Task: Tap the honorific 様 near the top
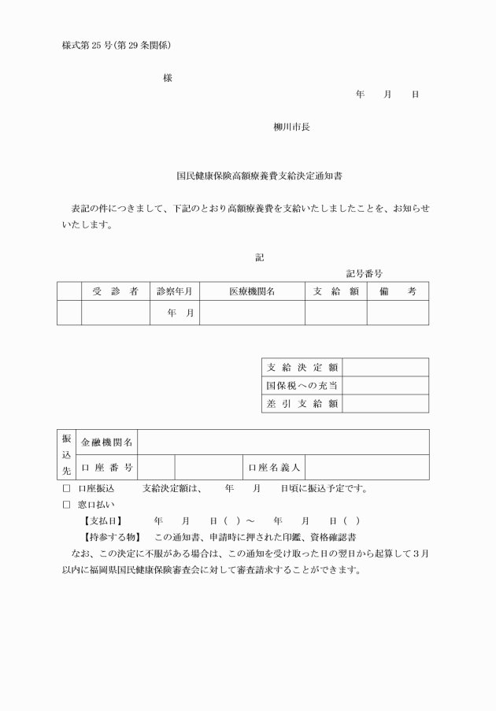point(168,78)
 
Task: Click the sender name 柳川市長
point(291,127)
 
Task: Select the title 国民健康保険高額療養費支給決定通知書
point(247,178)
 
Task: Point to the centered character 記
point(259,257)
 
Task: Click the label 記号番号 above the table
point(364,273)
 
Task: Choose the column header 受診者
point(115,291)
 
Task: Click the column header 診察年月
point(175,291)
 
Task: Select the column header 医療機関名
point(252,291)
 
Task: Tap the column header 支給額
point(336,291)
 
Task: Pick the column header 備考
point(398,291)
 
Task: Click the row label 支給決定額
point(302,368)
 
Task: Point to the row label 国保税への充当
point(302,386)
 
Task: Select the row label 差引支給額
point(302,404)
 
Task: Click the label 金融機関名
point(107,443)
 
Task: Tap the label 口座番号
point(107,468)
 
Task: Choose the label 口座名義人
point(274,468)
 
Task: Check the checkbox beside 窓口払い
point(66,505)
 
